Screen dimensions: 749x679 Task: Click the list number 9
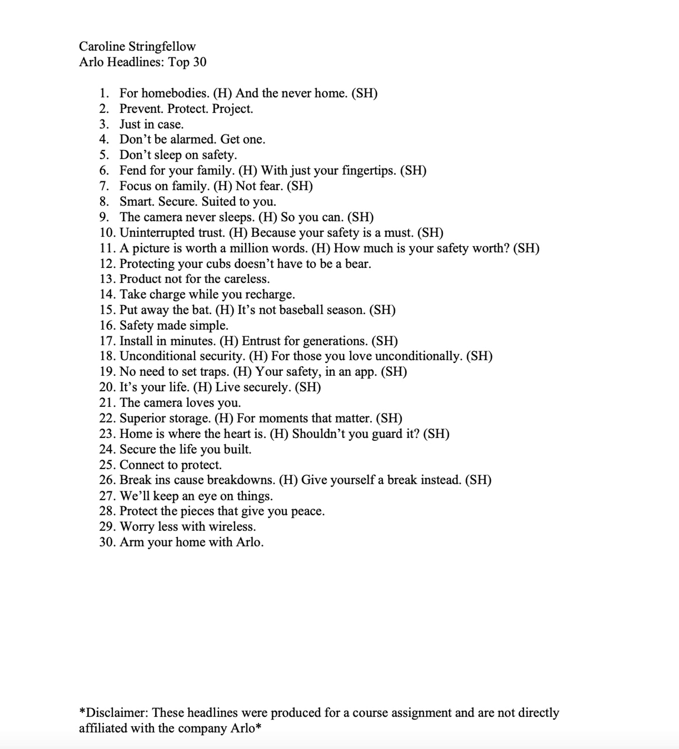point(104,217)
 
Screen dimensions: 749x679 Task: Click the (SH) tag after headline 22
point(389,418)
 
